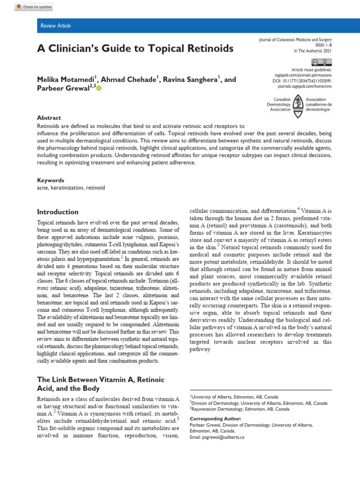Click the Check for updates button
34,7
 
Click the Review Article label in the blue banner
56,26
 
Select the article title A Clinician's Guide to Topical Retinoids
135,48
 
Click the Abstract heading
49,118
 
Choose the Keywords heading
51,180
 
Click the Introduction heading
58,212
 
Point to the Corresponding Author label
215,419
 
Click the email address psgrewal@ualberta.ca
217,437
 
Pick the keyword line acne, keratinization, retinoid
71,187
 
